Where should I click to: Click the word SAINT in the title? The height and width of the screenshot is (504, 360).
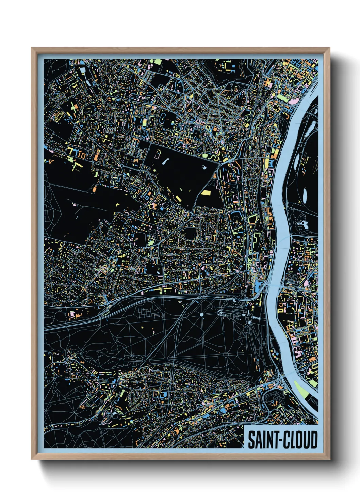coord(261,440)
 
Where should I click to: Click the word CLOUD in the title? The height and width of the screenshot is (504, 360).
coord(300,440)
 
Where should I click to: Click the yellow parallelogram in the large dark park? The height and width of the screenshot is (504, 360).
coord(206,193)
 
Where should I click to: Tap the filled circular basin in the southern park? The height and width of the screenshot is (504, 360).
coord(201,315)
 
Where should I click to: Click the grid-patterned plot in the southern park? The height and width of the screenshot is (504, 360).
coord(148,313)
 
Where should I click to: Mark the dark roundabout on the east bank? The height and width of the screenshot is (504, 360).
coord(297,289)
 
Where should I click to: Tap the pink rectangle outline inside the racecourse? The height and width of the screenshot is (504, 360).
coord(157,154)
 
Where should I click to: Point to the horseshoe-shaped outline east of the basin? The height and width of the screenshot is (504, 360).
coord(220,312)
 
